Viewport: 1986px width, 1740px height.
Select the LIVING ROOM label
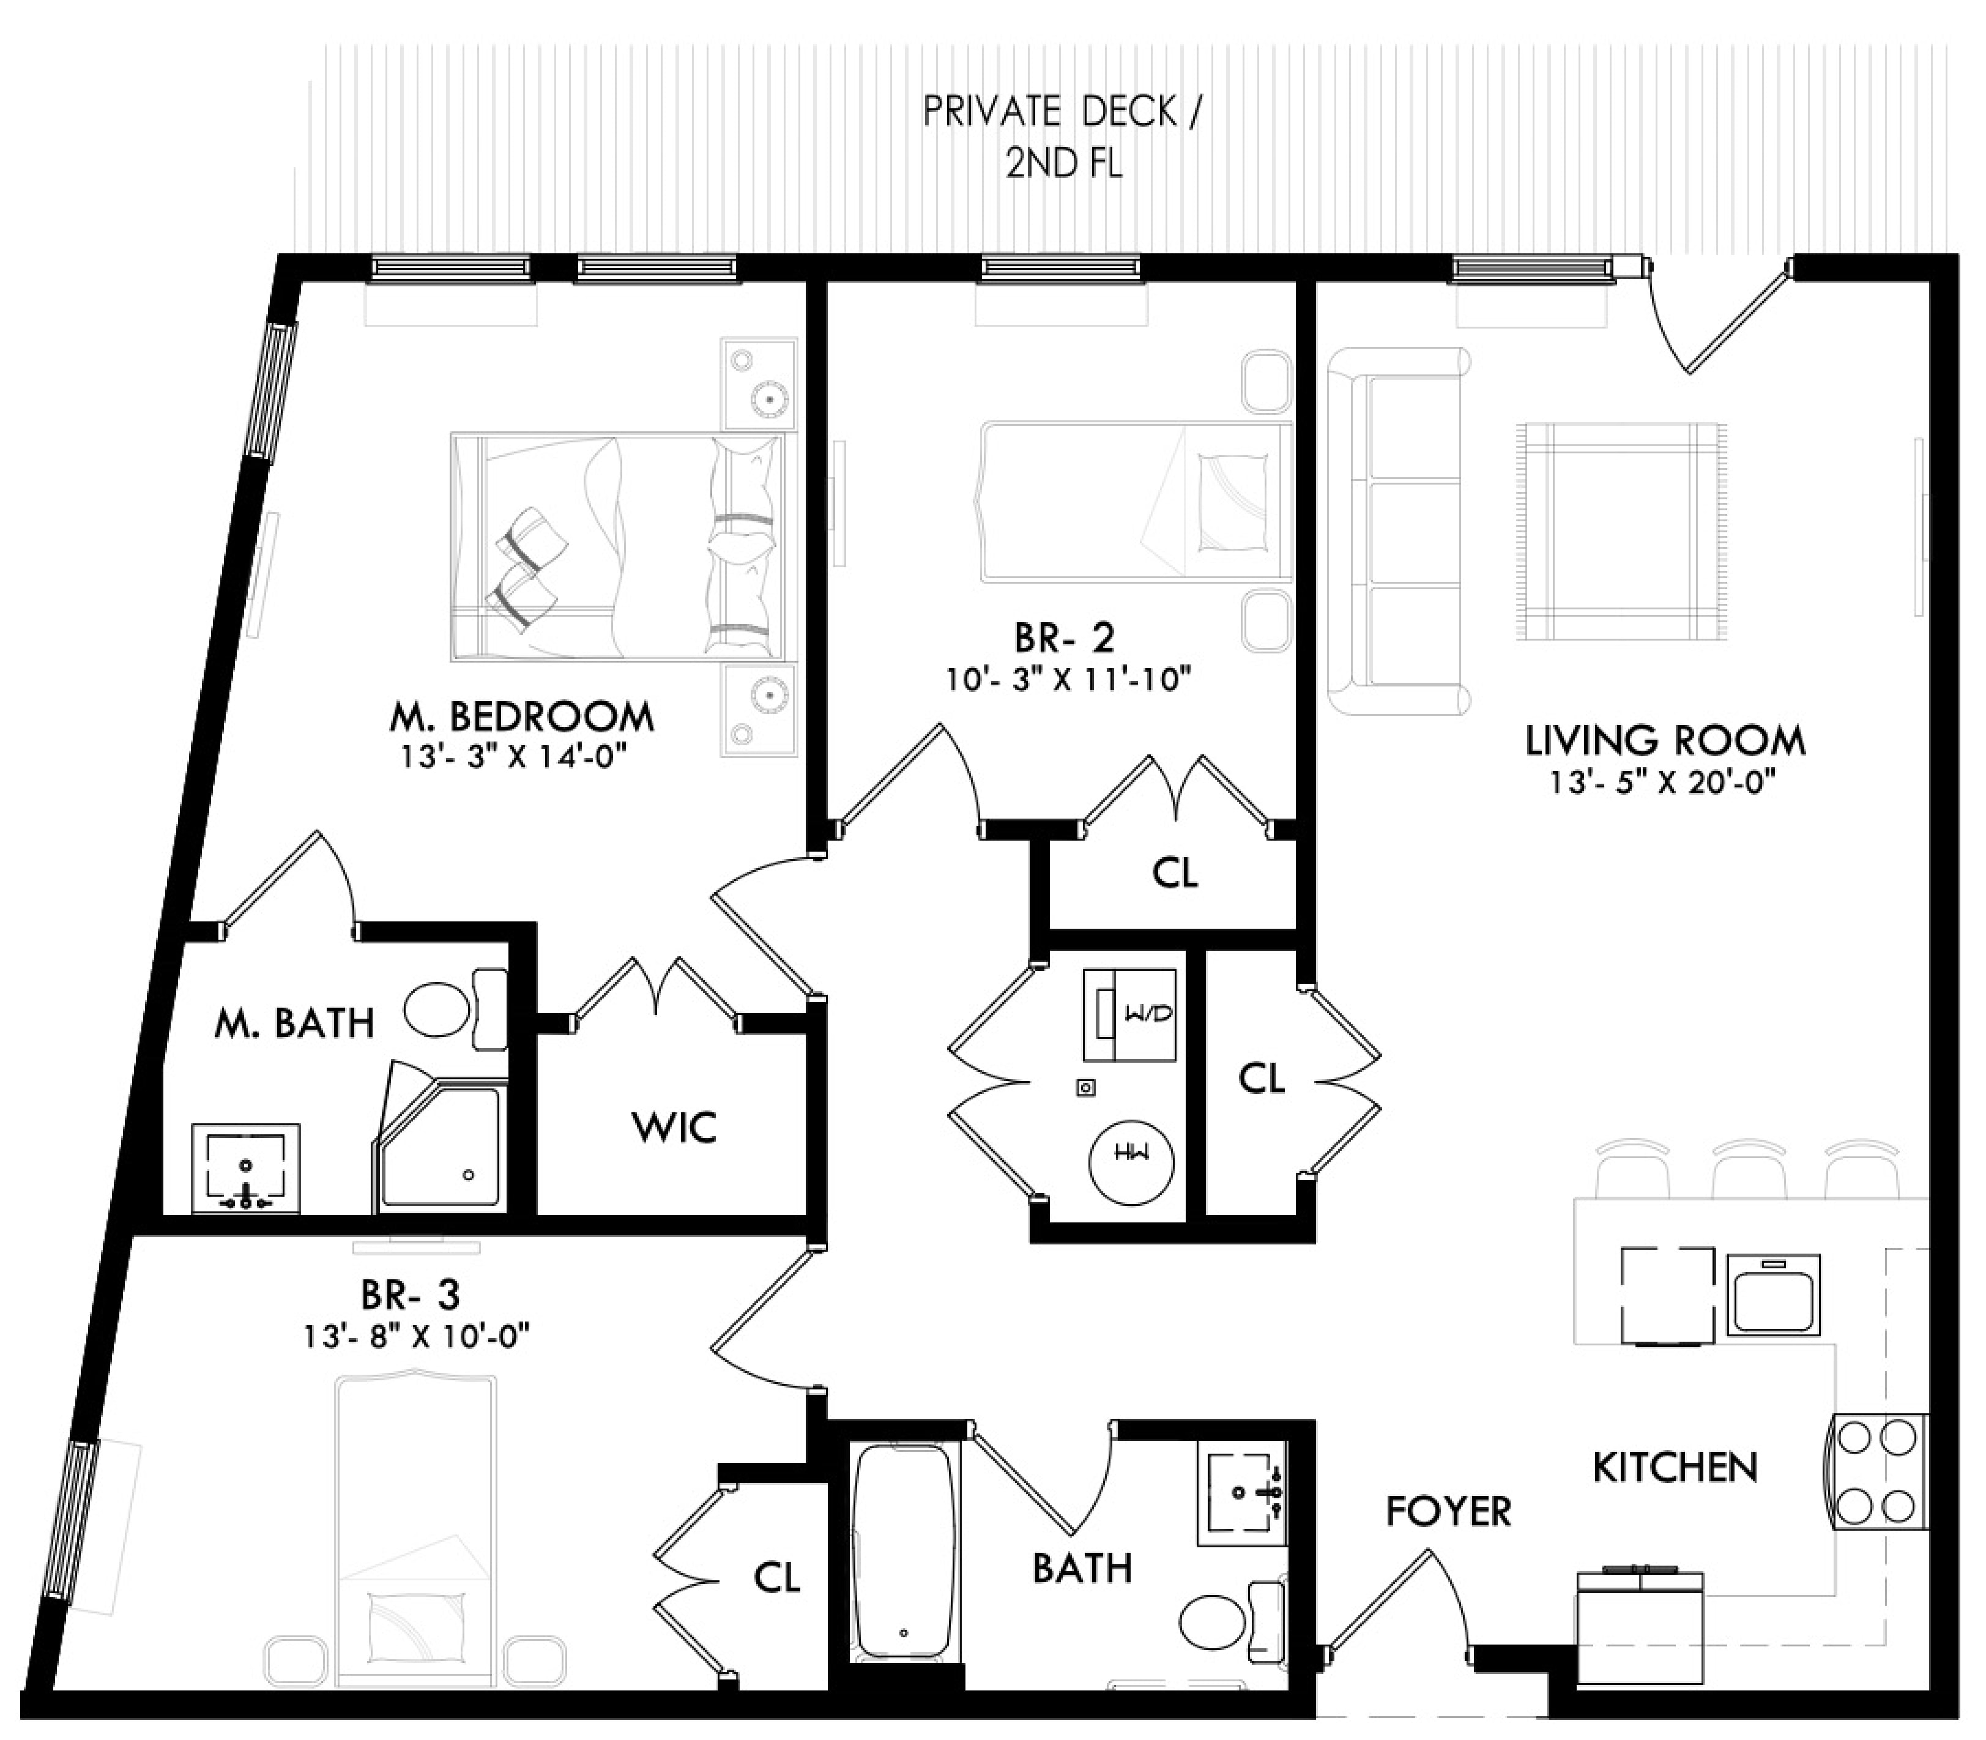click(1665, 741)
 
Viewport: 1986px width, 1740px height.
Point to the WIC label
click(674, 1128)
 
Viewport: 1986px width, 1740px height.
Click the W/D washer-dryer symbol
click(1131, 1014)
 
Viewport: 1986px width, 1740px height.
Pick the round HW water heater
click(1131, 1161)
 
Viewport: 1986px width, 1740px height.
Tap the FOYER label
click(1448, 1512)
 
